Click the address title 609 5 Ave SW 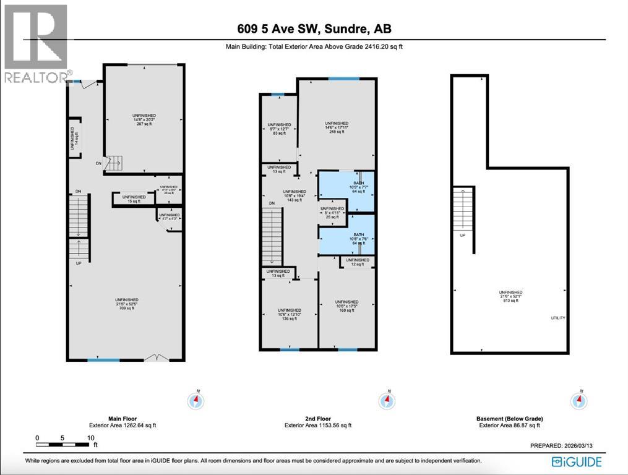(314, 29)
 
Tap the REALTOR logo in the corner (35, 43)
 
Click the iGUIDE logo (575, 461)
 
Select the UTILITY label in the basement (557, 318)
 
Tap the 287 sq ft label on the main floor (143, 124)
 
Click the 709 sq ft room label (126, 308)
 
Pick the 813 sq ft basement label (511, 301)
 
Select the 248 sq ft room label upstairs (337, 131)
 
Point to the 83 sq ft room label (279, 133)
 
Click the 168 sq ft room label (347, 310)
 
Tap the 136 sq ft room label (290, 319)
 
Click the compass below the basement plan (580, 400)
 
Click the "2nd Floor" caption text (318, 419)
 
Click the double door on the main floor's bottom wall (154, 357)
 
